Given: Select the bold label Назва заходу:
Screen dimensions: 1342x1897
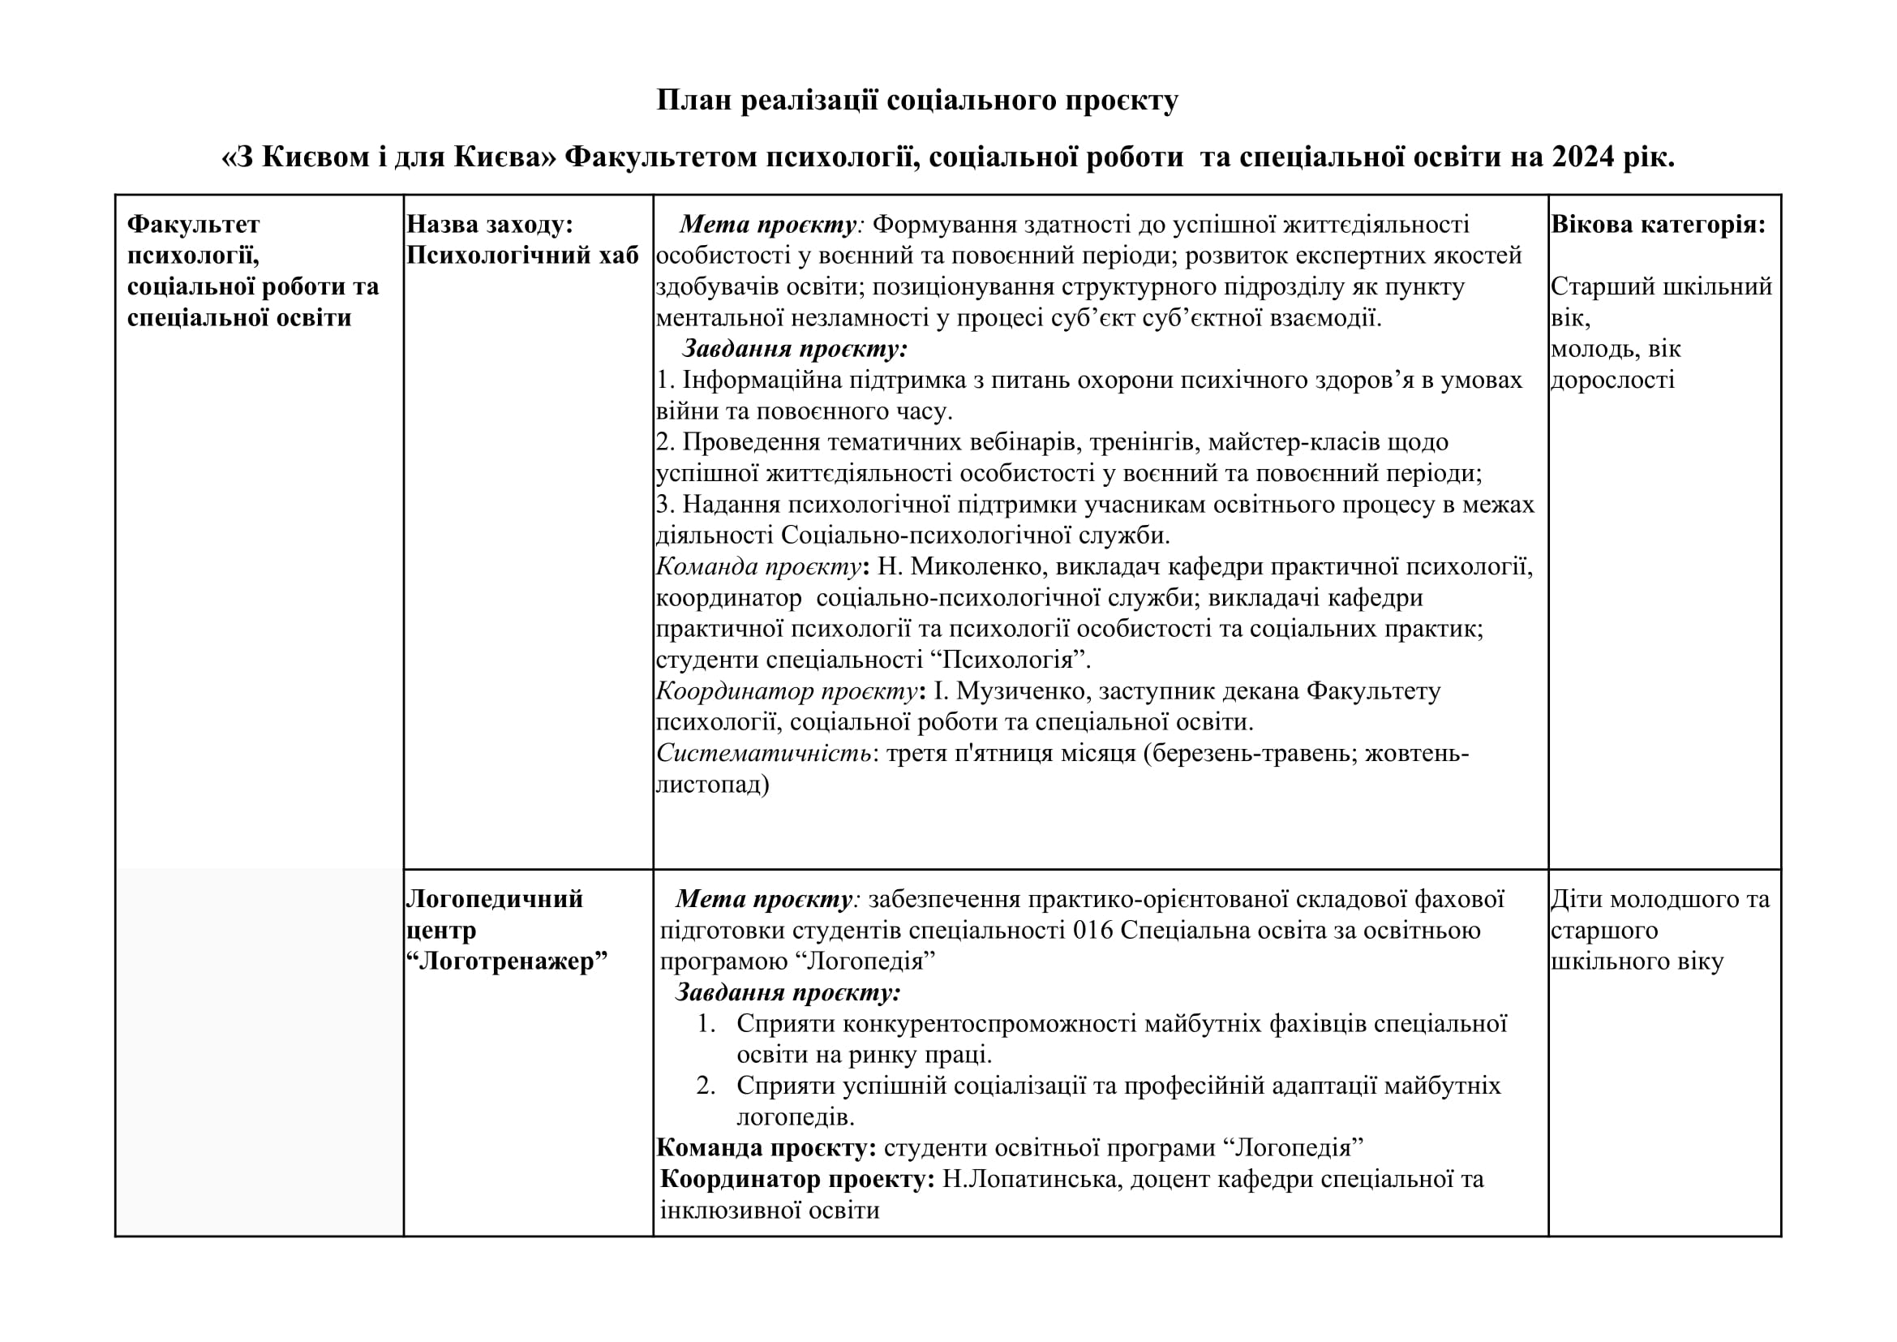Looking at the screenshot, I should [490, 224].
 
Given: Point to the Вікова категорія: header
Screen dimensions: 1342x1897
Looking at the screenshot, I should [1659, 224].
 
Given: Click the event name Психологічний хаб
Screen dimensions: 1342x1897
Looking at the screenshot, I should [522, 256].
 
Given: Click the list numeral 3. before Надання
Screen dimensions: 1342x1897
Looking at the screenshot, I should [665, 504].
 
